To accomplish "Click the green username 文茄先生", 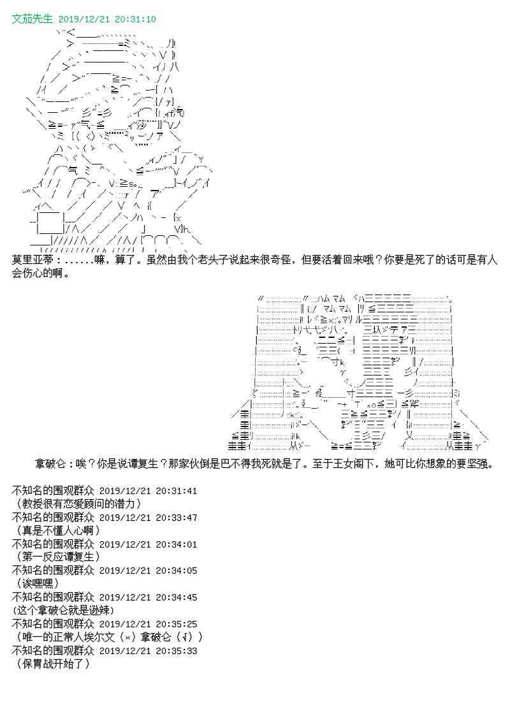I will point(33,19).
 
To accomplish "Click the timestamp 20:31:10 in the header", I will point(135,19).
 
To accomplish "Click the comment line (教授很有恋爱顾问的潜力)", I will point(76,503).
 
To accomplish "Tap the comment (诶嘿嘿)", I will point(38,583).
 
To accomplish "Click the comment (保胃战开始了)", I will point(51,664).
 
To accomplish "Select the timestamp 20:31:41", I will point(177,491).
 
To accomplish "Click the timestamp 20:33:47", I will point(177,518).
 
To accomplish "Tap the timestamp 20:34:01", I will point(177,544).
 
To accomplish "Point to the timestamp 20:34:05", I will point(177,571).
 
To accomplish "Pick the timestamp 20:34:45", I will point(177,597).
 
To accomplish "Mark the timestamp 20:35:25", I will point(177,624).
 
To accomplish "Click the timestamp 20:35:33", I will point(177,651).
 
